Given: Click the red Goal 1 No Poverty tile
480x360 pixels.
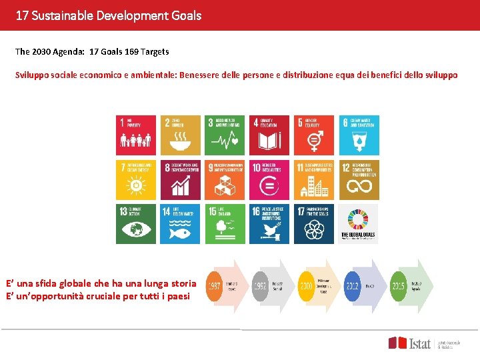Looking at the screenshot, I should coord(137,135).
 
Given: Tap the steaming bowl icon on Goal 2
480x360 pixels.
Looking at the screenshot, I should coord(181,141).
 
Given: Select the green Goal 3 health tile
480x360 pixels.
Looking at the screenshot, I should coord(225,135).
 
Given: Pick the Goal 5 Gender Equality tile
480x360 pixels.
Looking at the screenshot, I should coord(314,135).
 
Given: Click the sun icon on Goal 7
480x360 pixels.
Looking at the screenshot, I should coord(136,186).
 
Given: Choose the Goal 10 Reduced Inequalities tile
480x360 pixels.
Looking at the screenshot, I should coord(270,179).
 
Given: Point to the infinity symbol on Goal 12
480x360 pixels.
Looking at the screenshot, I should coord(360,187).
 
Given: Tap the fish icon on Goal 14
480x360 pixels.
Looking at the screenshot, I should coord(181,230).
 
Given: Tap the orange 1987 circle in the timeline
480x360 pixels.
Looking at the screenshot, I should coord(215,285).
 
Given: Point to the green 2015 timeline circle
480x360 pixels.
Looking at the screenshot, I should coord(399,285).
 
